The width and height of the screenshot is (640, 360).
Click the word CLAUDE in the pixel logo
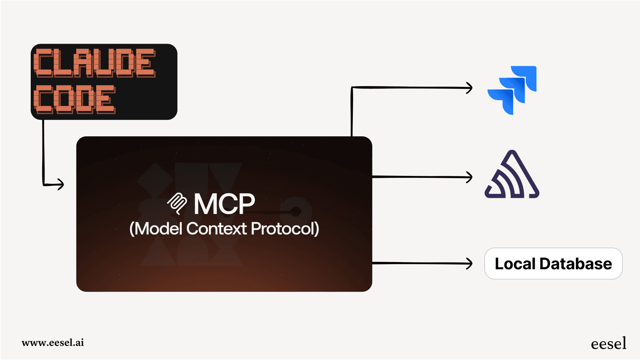pos(94,63)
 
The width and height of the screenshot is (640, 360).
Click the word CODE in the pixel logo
pos(74,99)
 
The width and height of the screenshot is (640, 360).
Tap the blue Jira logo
pos(512,90)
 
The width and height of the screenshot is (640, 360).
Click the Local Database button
pos(553,264)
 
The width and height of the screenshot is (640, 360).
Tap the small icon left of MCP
pos(177,203)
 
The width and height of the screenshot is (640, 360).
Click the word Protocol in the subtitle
pos(285,229)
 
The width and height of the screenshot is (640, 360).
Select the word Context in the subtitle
pos(216,229)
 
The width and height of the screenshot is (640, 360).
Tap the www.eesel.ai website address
pos(53,342)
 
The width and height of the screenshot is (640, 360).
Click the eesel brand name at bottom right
pos(608,344)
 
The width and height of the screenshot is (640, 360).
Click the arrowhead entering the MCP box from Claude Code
pos(61,184)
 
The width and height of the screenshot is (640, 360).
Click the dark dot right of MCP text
pos(296,211)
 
